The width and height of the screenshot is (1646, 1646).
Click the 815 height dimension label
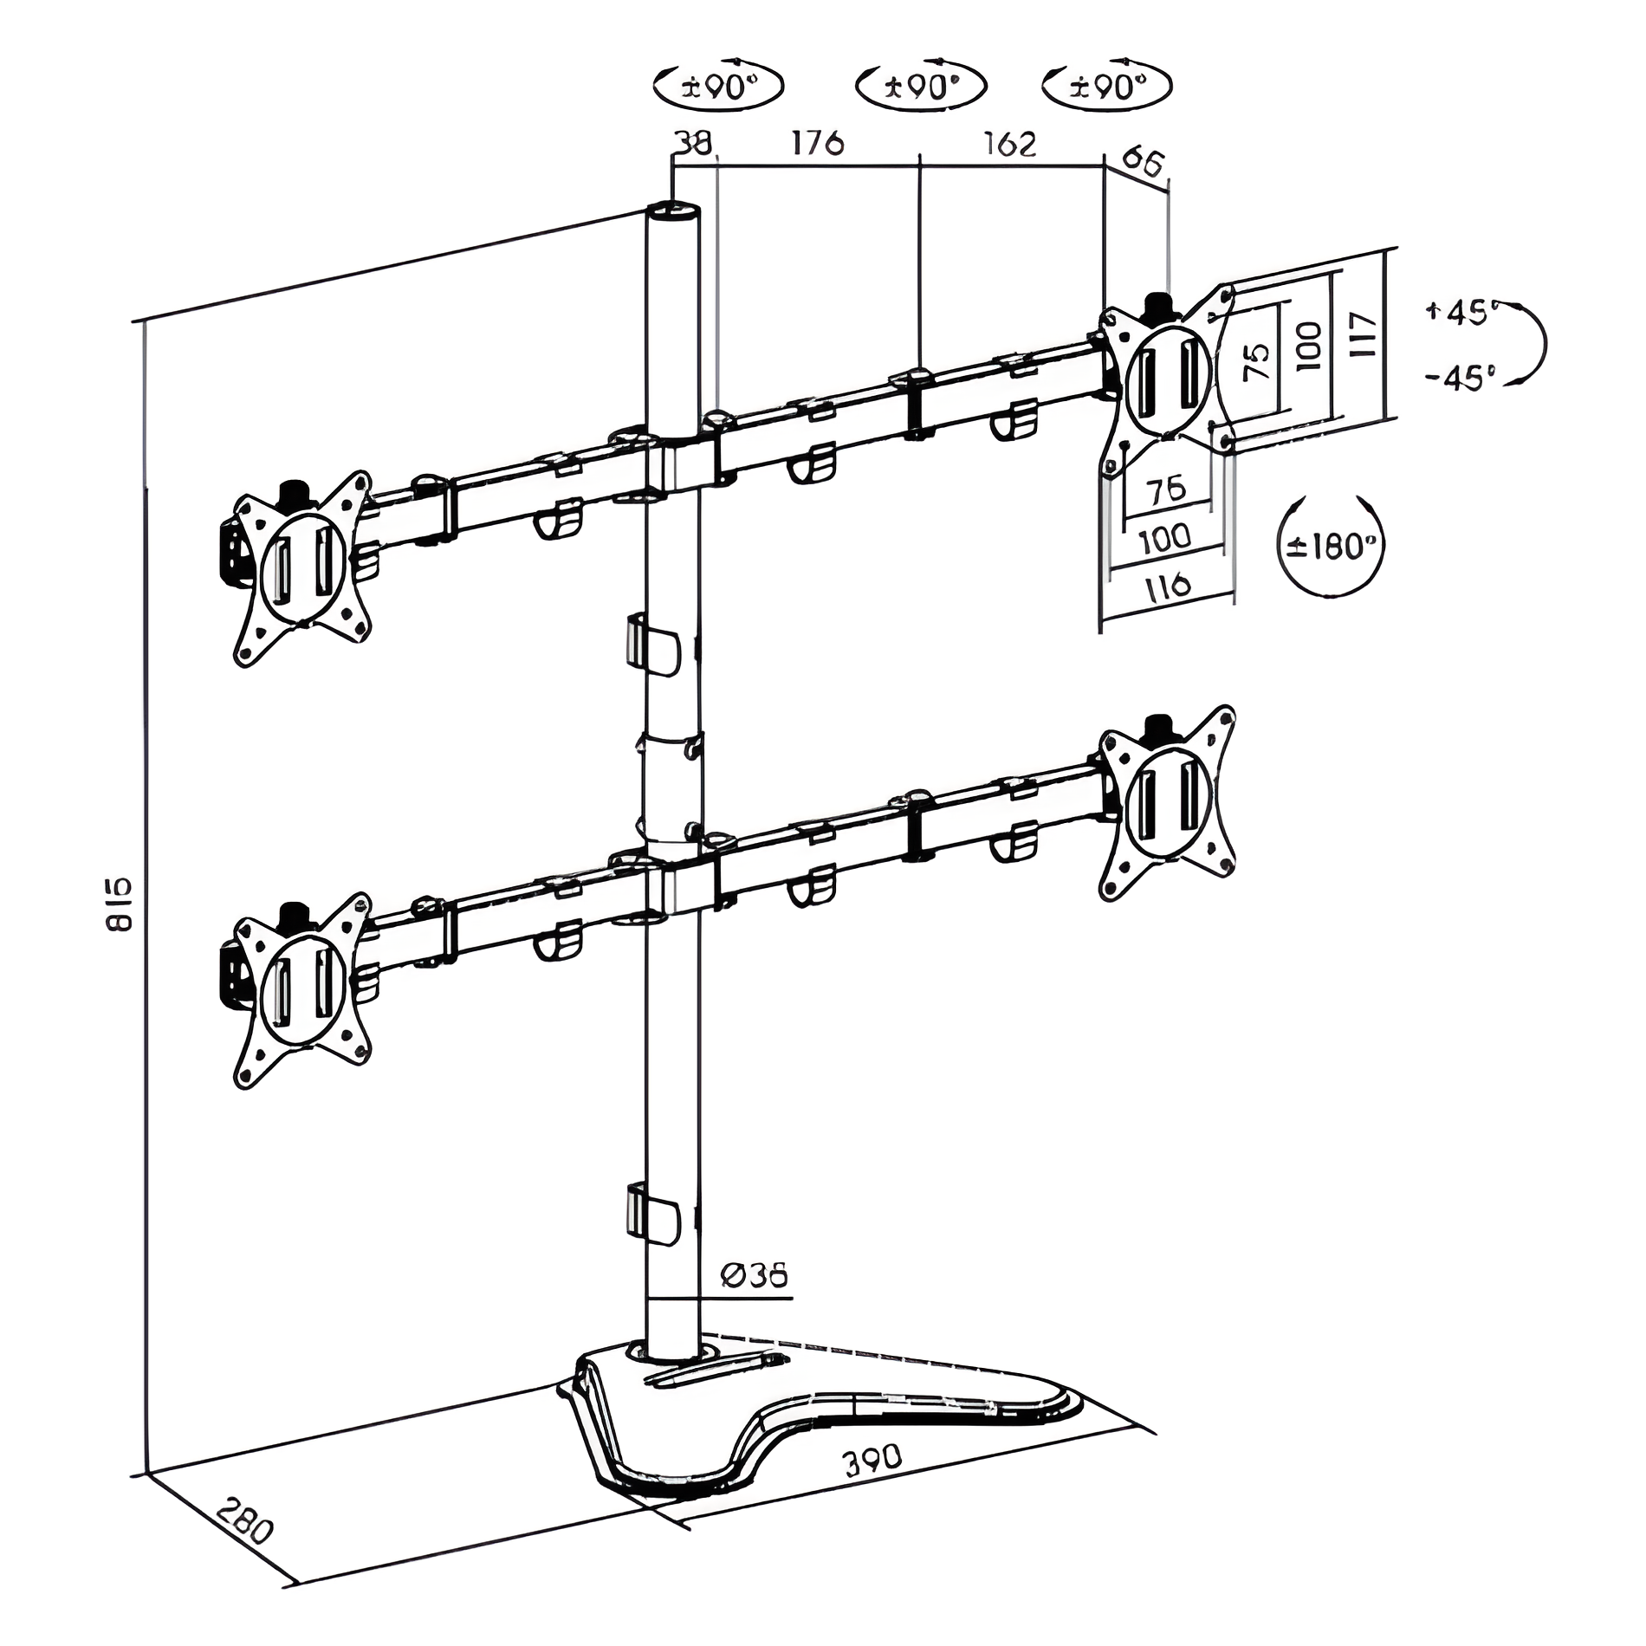pos(120,904)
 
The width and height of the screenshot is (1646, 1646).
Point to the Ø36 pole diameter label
pos(754,1275)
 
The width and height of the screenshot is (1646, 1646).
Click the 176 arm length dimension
pos(817,142)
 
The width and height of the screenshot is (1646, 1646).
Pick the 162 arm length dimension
pos(1010,143)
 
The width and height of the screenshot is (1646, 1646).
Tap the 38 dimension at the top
pos(694,142)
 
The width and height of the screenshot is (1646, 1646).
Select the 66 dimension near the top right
pos(1145,162)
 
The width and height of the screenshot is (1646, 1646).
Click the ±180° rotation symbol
pos(1331,546)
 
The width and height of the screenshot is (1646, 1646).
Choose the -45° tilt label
pos(1461,378)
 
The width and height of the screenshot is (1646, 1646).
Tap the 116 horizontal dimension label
pos(1169,586)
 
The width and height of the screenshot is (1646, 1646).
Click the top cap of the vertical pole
pos(673,211)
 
